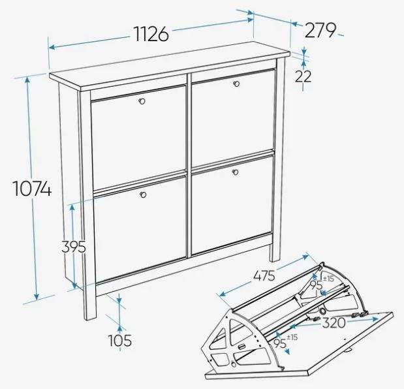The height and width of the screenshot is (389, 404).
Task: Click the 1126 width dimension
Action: [x=151, y=34]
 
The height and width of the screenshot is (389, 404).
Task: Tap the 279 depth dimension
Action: [x=320, y=31]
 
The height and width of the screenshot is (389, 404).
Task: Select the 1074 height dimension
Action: [x=32, y=189]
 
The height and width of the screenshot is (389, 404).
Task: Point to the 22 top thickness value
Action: [x=303, y=76]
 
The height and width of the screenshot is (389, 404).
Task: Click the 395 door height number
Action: [x=74, y=247]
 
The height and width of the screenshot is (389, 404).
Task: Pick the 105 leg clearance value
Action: [x=120, y=340]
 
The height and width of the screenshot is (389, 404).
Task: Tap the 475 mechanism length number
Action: [x=264, y=276]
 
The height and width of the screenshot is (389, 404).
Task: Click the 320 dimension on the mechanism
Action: [x=334, y=322]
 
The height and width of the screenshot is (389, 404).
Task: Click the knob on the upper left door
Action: [x=142, y=101]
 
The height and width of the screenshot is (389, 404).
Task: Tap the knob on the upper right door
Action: [x=236, y=84]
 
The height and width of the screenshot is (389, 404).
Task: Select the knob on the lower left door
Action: [x=143, y=194]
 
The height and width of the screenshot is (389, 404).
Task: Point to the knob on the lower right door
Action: [x=235, y=172]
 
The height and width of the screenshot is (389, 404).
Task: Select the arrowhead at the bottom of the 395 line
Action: [x=74, y=285]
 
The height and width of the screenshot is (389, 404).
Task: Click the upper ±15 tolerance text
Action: [x=328, y=279]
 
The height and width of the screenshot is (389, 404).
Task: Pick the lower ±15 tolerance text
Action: [x=292, y=337]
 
